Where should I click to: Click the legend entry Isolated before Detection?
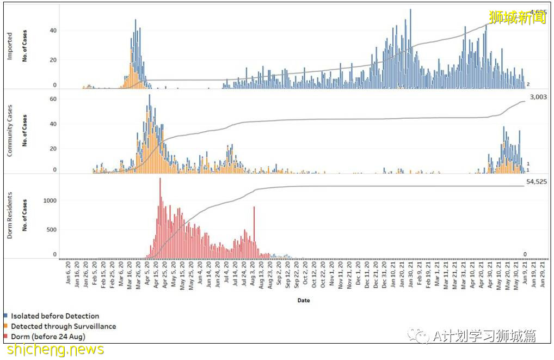click(54, 316)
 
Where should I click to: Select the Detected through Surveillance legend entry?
click(63, 326)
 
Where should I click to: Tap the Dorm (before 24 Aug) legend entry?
click(48, 337)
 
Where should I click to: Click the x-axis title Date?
click(304, 300)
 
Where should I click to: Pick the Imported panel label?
click(10, 46)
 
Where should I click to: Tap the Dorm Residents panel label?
click(10, 215)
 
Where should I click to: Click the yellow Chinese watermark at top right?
click(517, 17)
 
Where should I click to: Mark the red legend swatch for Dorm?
click(5, 337)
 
